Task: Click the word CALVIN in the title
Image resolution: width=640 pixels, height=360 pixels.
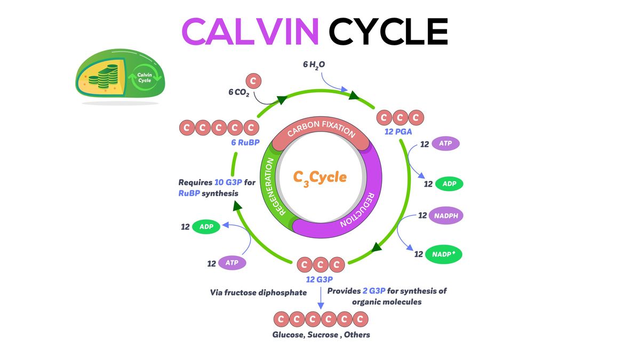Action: coord(250,32)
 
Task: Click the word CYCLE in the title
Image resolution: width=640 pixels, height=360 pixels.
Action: coord(388,32)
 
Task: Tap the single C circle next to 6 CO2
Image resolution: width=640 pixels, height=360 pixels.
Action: coord(254,81)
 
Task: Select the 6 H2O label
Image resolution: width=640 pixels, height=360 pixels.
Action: coord(314,65)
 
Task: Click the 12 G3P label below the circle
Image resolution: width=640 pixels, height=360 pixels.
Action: coord(320,279)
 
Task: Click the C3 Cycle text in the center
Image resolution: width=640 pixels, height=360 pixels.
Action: coord(320,177)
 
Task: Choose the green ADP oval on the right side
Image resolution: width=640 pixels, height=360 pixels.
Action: coord(449,183)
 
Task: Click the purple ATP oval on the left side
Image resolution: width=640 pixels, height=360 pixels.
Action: coord(231,263)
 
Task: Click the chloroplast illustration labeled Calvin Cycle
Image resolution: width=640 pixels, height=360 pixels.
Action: coord(120,78)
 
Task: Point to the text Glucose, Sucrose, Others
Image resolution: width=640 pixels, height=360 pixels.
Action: coord(321,335)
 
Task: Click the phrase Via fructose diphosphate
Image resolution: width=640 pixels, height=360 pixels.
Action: coord(258,292)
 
